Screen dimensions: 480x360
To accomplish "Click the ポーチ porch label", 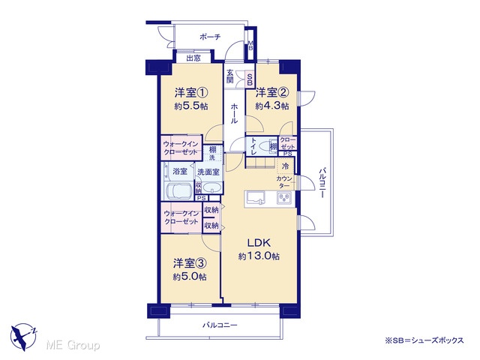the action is [210, 37].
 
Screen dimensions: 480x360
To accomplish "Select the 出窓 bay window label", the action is [193, 58].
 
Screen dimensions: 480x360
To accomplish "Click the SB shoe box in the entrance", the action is [250, 79].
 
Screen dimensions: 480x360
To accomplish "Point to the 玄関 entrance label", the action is [230, 76].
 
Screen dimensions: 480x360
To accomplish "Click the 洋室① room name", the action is [191, 93].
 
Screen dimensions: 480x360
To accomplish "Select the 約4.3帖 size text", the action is [272, 106].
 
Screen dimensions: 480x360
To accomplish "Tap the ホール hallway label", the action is [235, 113].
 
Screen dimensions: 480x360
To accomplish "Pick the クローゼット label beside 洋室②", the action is [288, 143].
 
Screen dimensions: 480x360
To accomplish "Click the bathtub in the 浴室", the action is [178, 190].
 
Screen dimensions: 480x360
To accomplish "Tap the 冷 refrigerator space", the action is [285, 166].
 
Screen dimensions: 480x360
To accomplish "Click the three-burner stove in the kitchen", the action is [284, 198].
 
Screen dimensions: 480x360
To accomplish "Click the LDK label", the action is [259, 243].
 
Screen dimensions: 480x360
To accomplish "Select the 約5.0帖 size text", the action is [190, 277].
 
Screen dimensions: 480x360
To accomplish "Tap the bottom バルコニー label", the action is [220, 325].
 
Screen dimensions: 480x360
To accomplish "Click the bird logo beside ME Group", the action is [23, 337].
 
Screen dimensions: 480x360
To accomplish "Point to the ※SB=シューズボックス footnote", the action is [424, 340].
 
